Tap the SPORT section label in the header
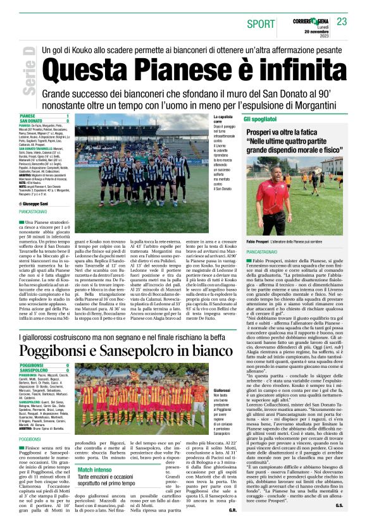tap(261, 23)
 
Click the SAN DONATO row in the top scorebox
tap(44, 121)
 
